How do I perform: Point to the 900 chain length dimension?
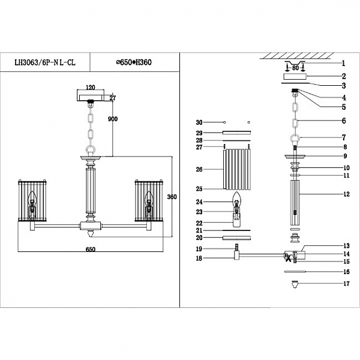pyautogui.click(x=112, y=119)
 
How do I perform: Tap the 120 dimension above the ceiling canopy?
pyautogui.click(x=91, y=86)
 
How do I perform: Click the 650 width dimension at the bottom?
pyautogui.click(x=91, y=248)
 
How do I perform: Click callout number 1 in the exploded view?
pyautogui.click(x=343, y=63)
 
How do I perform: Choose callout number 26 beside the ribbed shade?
pyautogui.click(x=200, y=170)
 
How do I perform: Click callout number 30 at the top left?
pyautogui.click(x=200, y=122)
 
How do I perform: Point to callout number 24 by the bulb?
pyautogui.click(x=200, y=202)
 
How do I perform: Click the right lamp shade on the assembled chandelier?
pyautogui.click(x=148, y=201)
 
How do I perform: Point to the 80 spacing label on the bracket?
pyautogui.click(x=296, y=68)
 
